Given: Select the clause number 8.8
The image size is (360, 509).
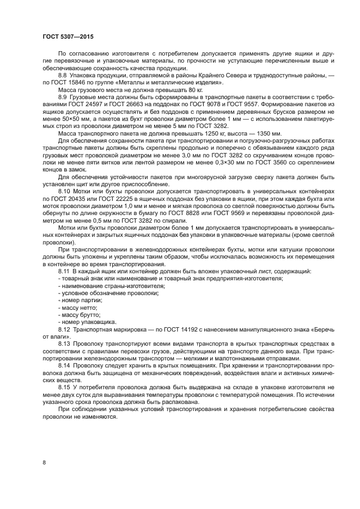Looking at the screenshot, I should [64, 75].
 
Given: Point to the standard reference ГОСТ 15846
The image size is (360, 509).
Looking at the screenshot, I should [66, 82].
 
